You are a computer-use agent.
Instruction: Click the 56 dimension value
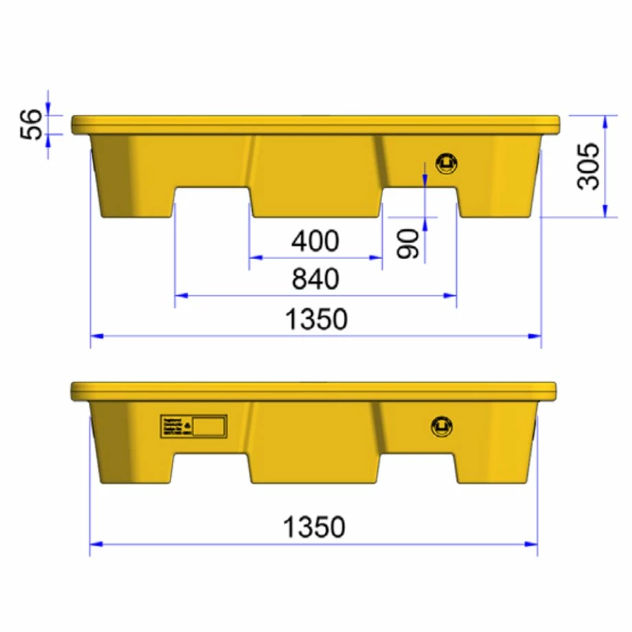point(32,124)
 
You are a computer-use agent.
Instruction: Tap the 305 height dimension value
point(589,166)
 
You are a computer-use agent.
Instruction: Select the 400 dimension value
point(315,241)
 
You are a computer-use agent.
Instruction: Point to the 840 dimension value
point(315,279)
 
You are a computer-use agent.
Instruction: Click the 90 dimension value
point(408,245)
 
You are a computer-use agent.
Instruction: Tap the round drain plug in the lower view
point(440,425)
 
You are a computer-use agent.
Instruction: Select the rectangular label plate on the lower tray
point(193,426)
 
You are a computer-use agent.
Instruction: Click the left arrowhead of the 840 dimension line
point(179,295)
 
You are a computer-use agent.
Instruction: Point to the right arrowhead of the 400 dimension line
point(377,258)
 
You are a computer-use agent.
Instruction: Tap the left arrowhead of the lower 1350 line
point(95,543)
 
